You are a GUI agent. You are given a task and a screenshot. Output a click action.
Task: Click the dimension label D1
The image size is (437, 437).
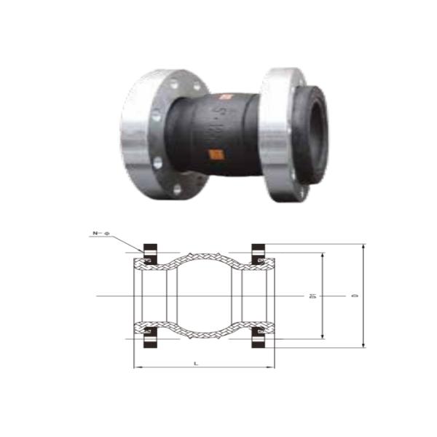coord(312,296)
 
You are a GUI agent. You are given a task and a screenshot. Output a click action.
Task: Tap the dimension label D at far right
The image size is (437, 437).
coord(355,296)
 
